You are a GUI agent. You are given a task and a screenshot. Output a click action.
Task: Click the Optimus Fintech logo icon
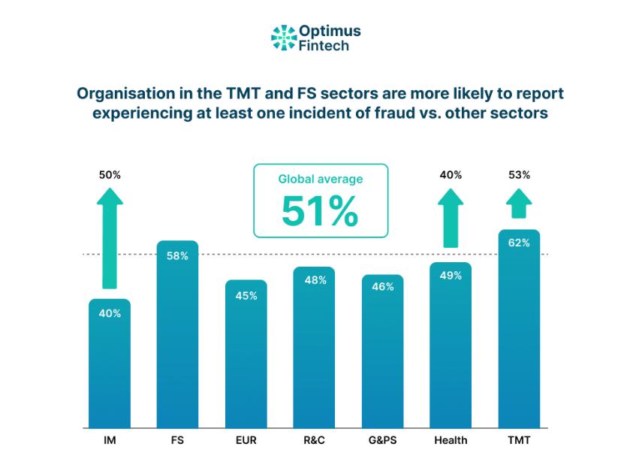point(284,37)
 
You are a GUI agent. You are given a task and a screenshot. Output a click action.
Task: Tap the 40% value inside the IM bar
point(110,313)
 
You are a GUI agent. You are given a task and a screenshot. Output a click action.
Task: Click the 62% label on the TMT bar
point(519,243)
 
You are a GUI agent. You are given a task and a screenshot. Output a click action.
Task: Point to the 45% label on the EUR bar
point(246,295)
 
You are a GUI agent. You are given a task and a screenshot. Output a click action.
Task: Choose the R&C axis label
point(314,440)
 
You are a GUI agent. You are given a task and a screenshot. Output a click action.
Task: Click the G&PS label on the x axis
point(382,440)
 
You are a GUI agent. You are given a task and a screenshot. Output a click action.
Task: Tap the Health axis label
point(451,440)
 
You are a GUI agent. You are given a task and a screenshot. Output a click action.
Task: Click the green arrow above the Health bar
point(451,217)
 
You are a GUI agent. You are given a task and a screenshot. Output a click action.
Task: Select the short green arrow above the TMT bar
point(519,203)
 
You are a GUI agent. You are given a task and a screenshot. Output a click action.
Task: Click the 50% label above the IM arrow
point(110,175)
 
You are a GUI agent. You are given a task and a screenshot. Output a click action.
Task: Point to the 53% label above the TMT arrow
point(519,175)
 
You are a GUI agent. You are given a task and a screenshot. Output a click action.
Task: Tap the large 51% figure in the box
point(320,211)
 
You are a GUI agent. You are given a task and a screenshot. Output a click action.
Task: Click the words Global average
point(320,180)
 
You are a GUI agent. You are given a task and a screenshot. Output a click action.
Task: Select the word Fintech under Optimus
point(324,45)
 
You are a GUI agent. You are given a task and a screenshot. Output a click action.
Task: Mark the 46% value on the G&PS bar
point(382,286)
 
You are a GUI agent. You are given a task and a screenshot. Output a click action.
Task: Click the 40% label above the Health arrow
point(451,175)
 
